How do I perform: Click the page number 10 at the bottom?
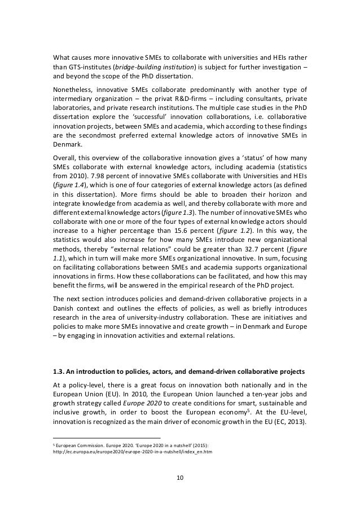coord(180,478)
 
